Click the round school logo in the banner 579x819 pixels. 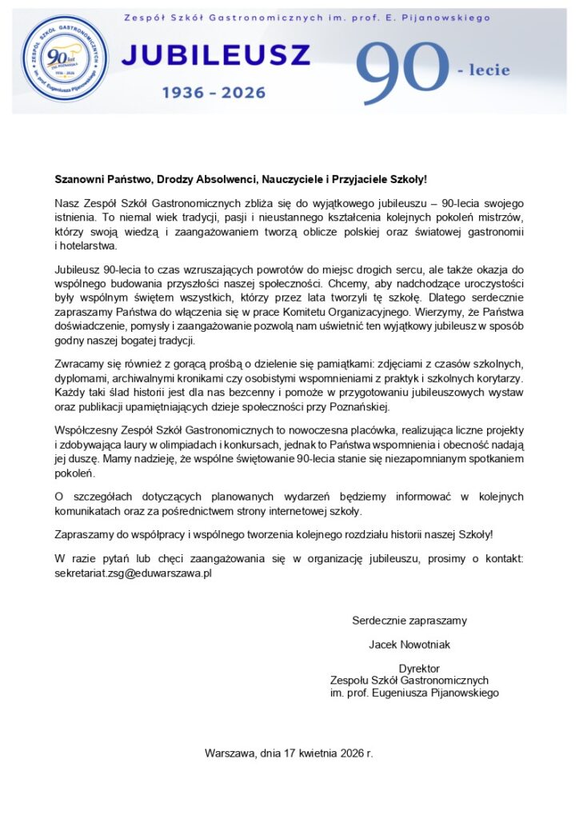(x=66, y=62)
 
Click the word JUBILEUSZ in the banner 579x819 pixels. (x=215, y=57)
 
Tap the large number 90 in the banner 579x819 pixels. (x=401, y=73)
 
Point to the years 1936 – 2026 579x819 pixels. (x=214, y=94)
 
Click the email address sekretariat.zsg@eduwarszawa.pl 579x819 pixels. (x=133, y=573)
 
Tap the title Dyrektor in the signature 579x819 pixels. (x=419, y=669)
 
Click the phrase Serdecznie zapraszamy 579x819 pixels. (x=409, y=620)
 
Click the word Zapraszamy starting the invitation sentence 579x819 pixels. (x=86, y=533)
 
